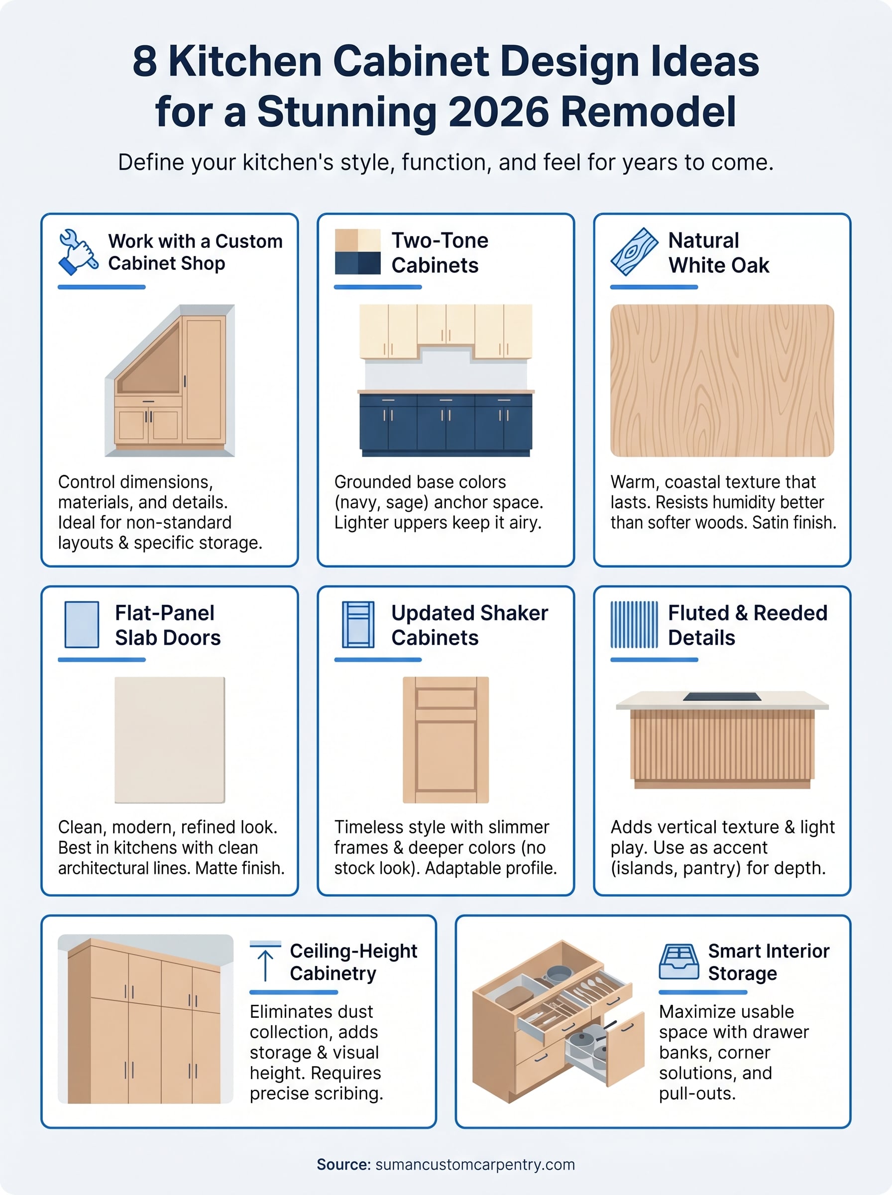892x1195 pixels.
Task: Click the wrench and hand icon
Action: click(78, 251)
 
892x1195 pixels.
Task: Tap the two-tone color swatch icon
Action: click(357, 251)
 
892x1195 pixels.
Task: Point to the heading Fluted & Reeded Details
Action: click(747, 625)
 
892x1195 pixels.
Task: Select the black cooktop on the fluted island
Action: click(721, 697)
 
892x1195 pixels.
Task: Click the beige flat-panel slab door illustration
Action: click(170, 739)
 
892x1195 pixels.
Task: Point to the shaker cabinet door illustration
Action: click(446, 739)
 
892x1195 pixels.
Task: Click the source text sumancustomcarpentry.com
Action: click(474, 1164)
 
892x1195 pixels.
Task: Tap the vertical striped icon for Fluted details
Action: click(634, 624)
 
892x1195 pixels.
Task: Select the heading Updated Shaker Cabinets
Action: click(469, 625)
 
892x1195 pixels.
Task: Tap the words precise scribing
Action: click(316, 1093)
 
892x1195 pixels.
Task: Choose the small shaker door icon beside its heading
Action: click(357, 624)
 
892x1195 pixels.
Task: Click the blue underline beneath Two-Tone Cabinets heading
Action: click(377, 287)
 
